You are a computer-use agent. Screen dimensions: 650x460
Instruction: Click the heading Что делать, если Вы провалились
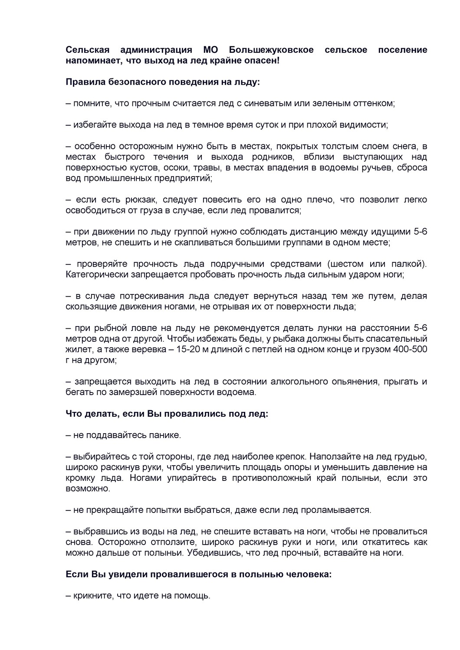[x=167, y=414]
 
